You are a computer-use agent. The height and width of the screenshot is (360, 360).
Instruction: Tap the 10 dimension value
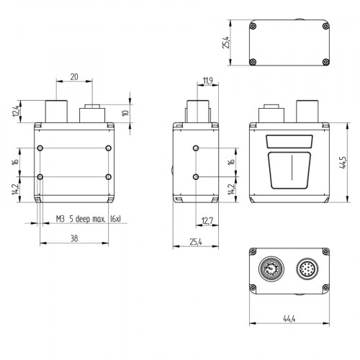(x=125, y=113)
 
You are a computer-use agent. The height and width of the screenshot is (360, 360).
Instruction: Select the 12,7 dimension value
(x=207, y=221)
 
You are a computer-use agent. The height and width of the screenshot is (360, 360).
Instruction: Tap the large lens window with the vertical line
(x=289, y=171)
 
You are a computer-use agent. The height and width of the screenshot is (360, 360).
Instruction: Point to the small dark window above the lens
(x=289, y=142)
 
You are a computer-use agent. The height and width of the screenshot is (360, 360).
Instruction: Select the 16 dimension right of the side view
(x=230, y=162)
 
